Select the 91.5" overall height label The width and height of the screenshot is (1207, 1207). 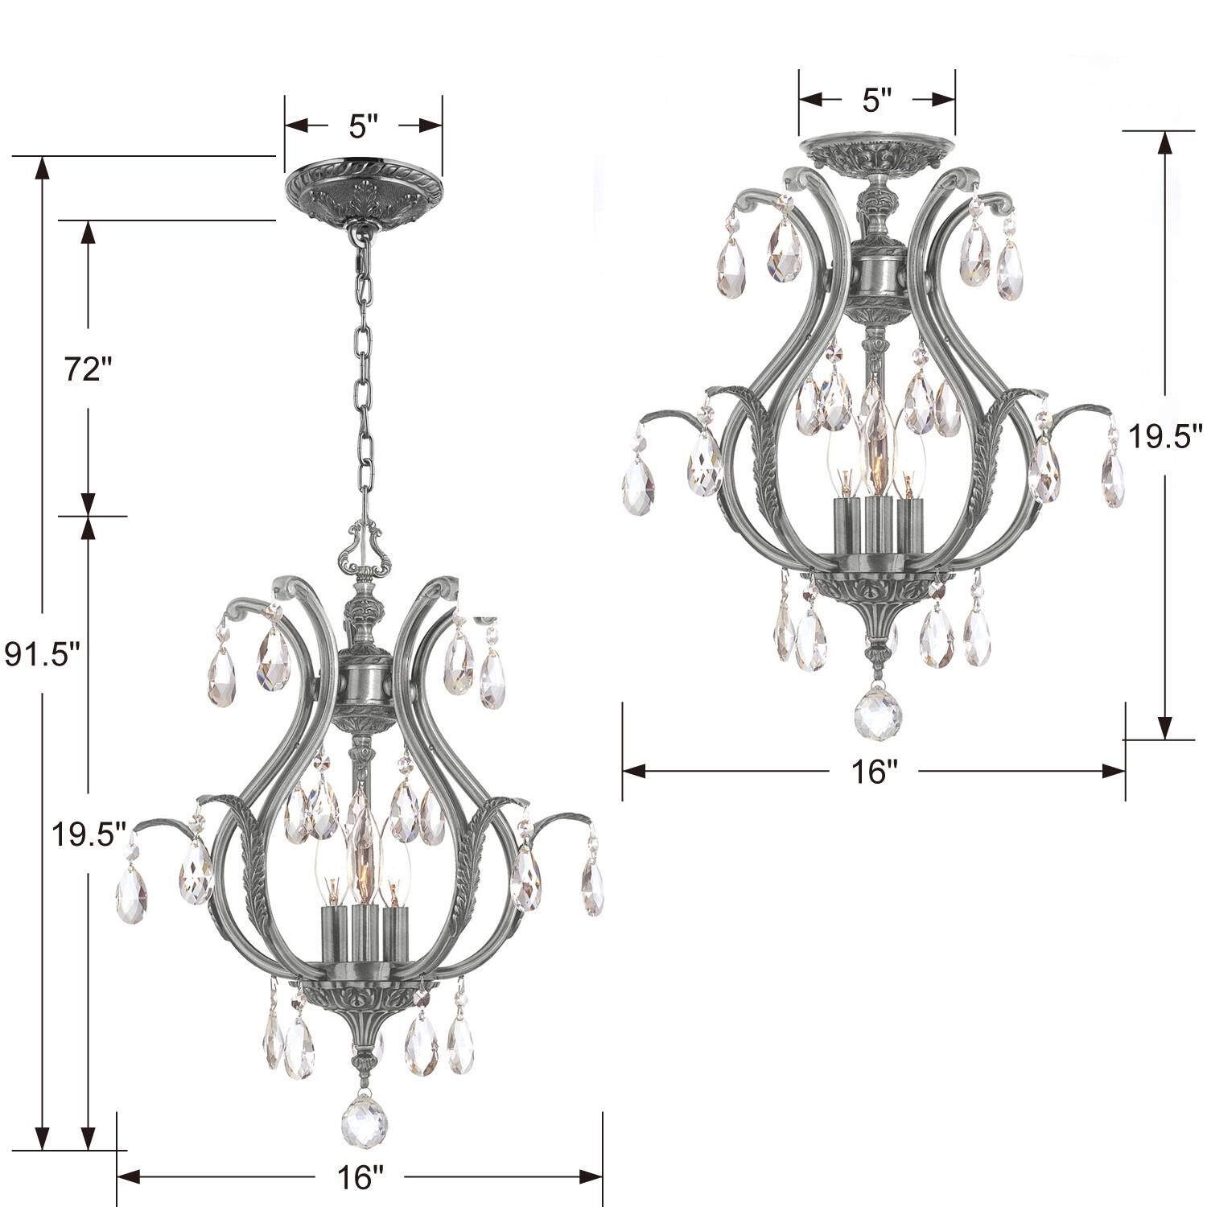pyautogui.click(x=43, y=654)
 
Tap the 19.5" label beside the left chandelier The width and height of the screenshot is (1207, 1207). pyautogui.click(x=89, y=834)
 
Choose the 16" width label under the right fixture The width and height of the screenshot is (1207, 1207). pyautogui.click(x=874, y=772)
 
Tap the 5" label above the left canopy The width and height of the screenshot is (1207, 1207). pyautogui.click(x=363, y=126)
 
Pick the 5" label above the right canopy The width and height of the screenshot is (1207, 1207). pyautogui.click(x=877, y=100)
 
